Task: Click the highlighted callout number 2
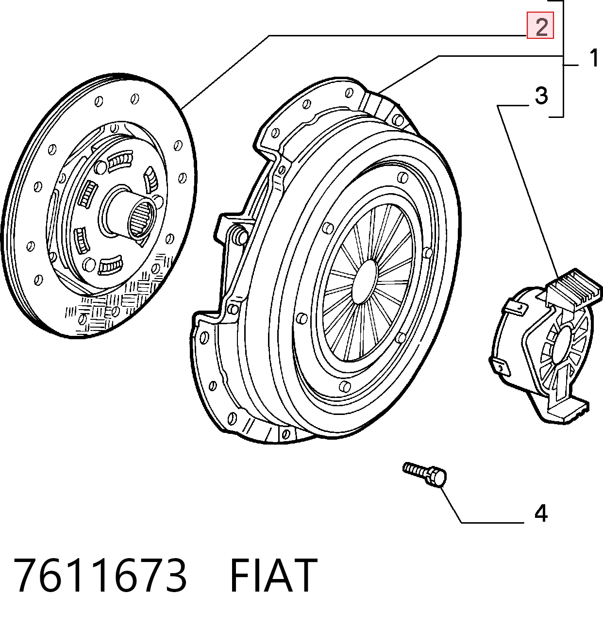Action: [x=540, y=25]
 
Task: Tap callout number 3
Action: [x=541, y=96]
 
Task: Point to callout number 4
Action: [x=541, y=513]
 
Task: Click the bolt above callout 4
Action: [x=424, y=475]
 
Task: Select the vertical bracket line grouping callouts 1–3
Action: [x=563, y=58]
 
